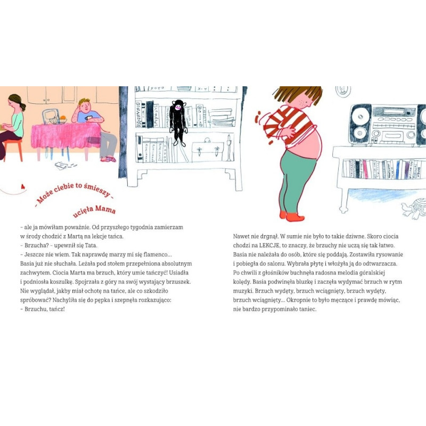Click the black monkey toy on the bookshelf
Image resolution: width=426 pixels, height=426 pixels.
point(178,122)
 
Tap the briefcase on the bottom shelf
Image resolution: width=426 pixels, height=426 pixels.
point(208,151)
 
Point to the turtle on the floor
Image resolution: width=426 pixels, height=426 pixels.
point(414,208)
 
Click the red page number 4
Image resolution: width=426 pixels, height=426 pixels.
point(23,187)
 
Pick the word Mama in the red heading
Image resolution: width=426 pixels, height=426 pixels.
point(105,209)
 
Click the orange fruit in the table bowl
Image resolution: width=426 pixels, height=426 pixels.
point(63,118)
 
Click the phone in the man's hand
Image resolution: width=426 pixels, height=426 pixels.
point(88,118)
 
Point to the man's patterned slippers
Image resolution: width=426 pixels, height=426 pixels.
point(109,159)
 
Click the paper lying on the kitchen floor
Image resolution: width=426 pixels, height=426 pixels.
point(61,166)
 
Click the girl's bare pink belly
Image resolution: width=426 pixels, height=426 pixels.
point(306,145)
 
